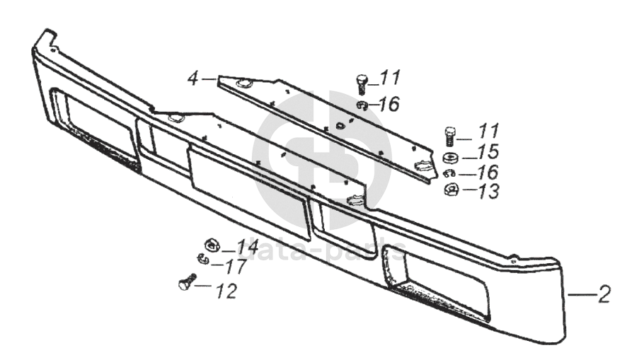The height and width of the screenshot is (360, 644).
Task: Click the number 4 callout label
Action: click(192, 79)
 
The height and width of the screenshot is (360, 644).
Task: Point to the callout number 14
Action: click(248, 247)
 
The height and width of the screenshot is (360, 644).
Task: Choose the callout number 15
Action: click(488, 151)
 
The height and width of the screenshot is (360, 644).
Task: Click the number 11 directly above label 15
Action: click(488, 130)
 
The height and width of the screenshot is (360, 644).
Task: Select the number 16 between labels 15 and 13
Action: click(488, 171)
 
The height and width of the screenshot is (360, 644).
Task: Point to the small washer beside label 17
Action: click(205, 259)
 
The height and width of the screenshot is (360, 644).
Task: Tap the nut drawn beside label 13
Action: click(449, 190)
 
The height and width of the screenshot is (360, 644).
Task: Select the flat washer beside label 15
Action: click(449, 156)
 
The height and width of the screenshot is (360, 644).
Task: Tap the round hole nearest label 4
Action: click(242, 85)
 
